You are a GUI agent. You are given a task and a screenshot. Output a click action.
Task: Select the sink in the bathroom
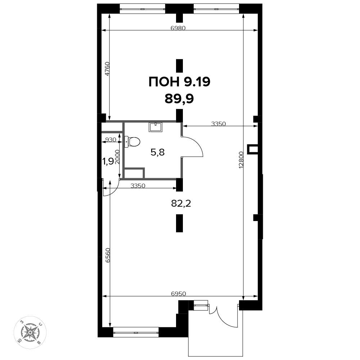click(x=156, y=127)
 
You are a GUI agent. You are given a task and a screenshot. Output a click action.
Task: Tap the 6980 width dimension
click(x=178, y=28)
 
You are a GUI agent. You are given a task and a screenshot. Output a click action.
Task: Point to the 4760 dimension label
click(x=107, y=69)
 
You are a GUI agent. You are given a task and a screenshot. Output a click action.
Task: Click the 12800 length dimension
click(x=240, y=160)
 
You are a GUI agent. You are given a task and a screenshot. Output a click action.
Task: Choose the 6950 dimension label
click(x=179, y=293)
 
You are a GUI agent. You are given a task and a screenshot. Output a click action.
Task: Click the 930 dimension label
click(x=111, y=140)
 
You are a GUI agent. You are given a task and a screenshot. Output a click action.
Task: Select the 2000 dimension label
click(x=117, y=157)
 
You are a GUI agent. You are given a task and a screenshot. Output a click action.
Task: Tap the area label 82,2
click(x=181, y=203)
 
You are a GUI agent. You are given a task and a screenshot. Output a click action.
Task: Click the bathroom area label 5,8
click(x=158, y=152)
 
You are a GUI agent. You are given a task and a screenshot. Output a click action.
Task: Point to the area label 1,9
click(x=108, y=161)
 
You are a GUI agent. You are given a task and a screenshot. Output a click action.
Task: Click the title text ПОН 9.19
click(x=179, y=82)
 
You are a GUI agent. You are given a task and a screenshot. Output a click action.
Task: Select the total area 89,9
click(x=179, y=99)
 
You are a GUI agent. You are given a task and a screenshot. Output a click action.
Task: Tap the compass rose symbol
click(x=30, y=332)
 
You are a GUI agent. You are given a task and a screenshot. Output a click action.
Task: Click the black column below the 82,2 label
click(x=179, y=223)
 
